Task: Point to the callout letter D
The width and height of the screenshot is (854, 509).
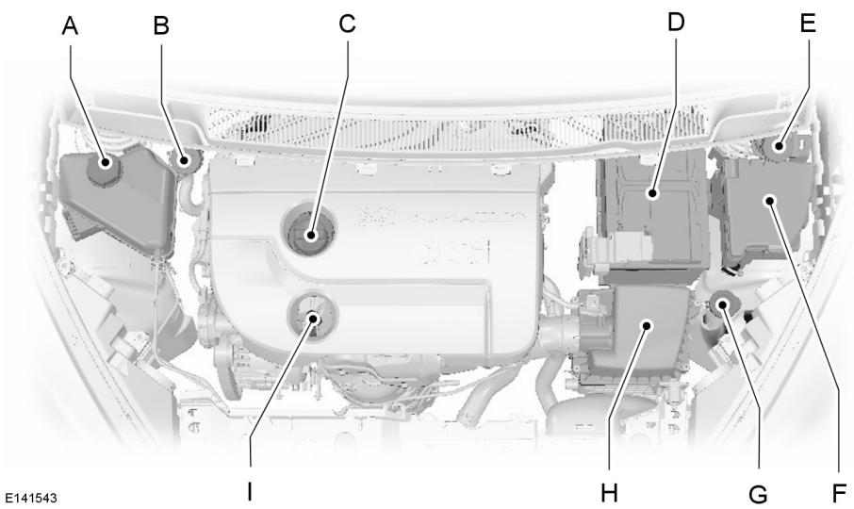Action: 675,22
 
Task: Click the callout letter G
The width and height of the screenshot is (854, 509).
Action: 757,491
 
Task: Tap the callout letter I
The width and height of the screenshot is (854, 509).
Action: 250,491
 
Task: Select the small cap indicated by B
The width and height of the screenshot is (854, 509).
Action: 186,159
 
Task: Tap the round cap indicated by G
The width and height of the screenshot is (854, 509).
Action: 724,304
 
